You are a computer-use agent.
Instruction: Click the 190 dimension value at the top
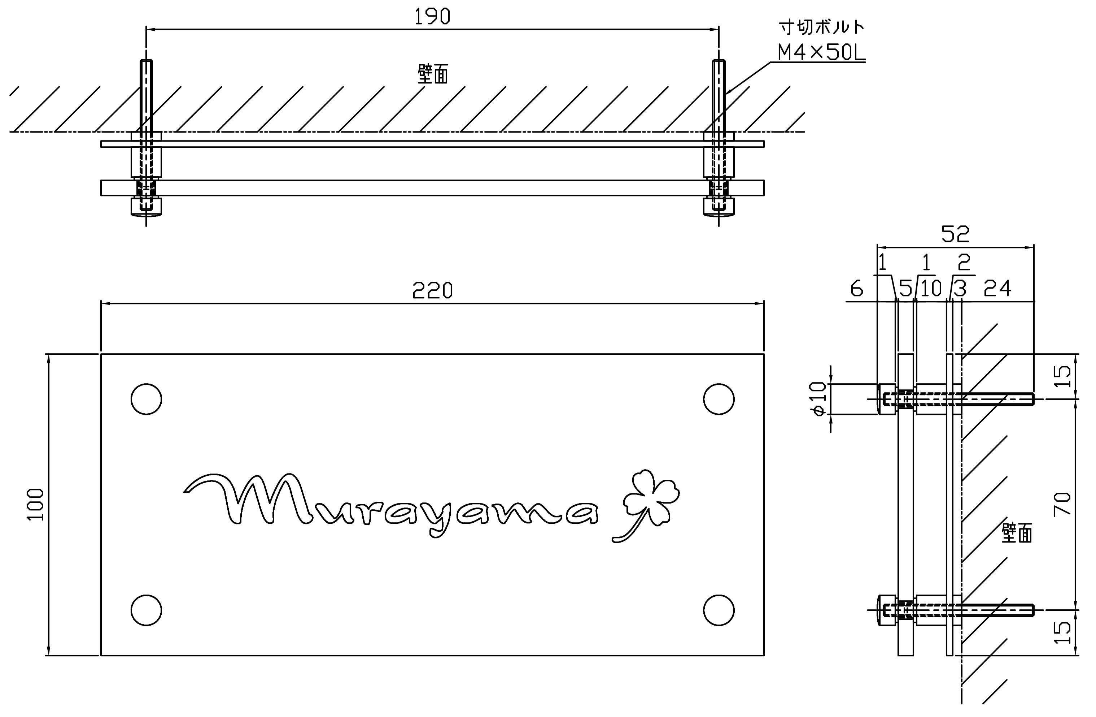[x=432, y=17]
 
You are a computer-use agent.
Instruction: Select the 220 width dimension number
[x=432, y=291]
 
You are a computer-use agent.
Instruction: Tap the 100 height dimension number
[x=36, y=505]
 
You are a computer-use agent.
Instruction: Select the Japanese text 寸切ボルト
[x=821, y=28]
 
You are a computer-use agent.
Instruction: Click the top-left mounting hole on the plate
[x=146, y=399]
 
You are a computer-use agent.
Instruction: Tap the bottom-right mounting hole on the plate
[x=719, y=610]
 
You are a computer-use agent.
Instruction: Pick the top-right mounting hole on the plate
[x=719, y=399]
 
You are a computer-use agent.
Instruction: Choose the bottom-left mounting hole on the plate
[x=146, y=610]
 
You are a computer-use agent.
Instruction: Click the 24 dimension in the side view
[x=997, y=289]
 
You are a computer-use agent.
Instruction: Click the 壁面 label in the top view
[x=432, y=74]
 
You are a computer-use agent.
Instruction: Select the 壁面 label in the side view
[x=1017, y=533]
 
